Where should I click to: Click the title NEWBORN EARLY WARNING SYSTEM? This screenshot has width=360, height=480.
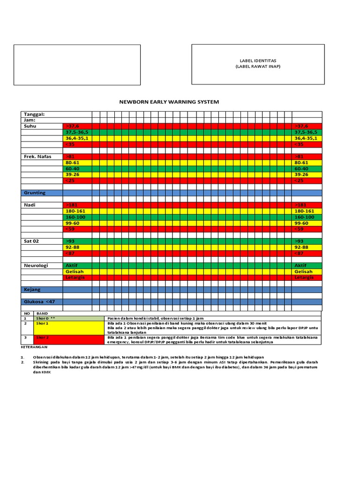tap(169, 102)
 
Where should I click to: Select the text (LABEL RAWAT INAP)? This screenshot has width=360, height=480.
tap(258, 67)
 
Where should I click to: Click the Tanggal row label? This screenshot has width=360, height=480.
tap(35, 114)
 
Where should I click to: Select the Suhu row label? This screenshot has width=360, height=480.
tap(30, 126)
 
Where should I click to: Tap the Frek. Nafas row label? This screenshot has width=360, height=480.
tap(37, 156)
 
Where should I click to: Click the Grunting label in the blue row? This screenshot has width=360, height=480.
tap(35, 193)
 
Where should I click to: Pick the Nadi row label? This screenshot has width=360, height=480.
tap(30, 205)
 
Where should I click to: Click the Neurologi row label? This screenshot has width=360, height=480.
tap(36, 265)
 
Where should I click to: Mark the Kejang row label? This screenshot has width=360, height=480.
tap(32, 290)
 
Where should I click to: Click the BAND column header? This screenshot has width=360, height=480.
tap(42, 313)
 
